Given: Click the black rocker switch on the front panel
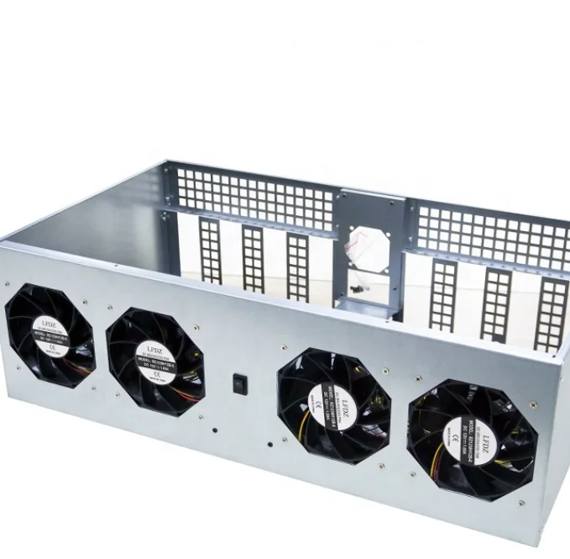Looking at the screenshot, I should tap(239, 384).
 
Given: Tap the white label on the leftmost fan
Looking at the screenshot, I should tap(49, 334).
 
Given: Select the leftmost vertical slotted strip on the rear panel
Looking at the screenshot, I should tap(209, 249).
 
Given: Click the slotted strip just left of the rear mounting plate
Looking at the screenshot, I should tap(297, 266).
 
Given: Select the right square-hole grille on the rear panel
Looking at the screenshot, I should tap(490, 235).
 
